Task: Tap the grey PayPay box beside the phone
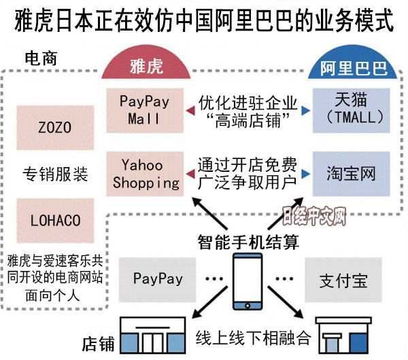(x=158, y=278)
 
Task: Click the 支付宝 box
(x=343, y=279)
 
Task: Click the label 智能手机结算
(x=248, y=241)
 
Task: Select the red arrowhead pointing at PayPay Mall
(x=186, y=111)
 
